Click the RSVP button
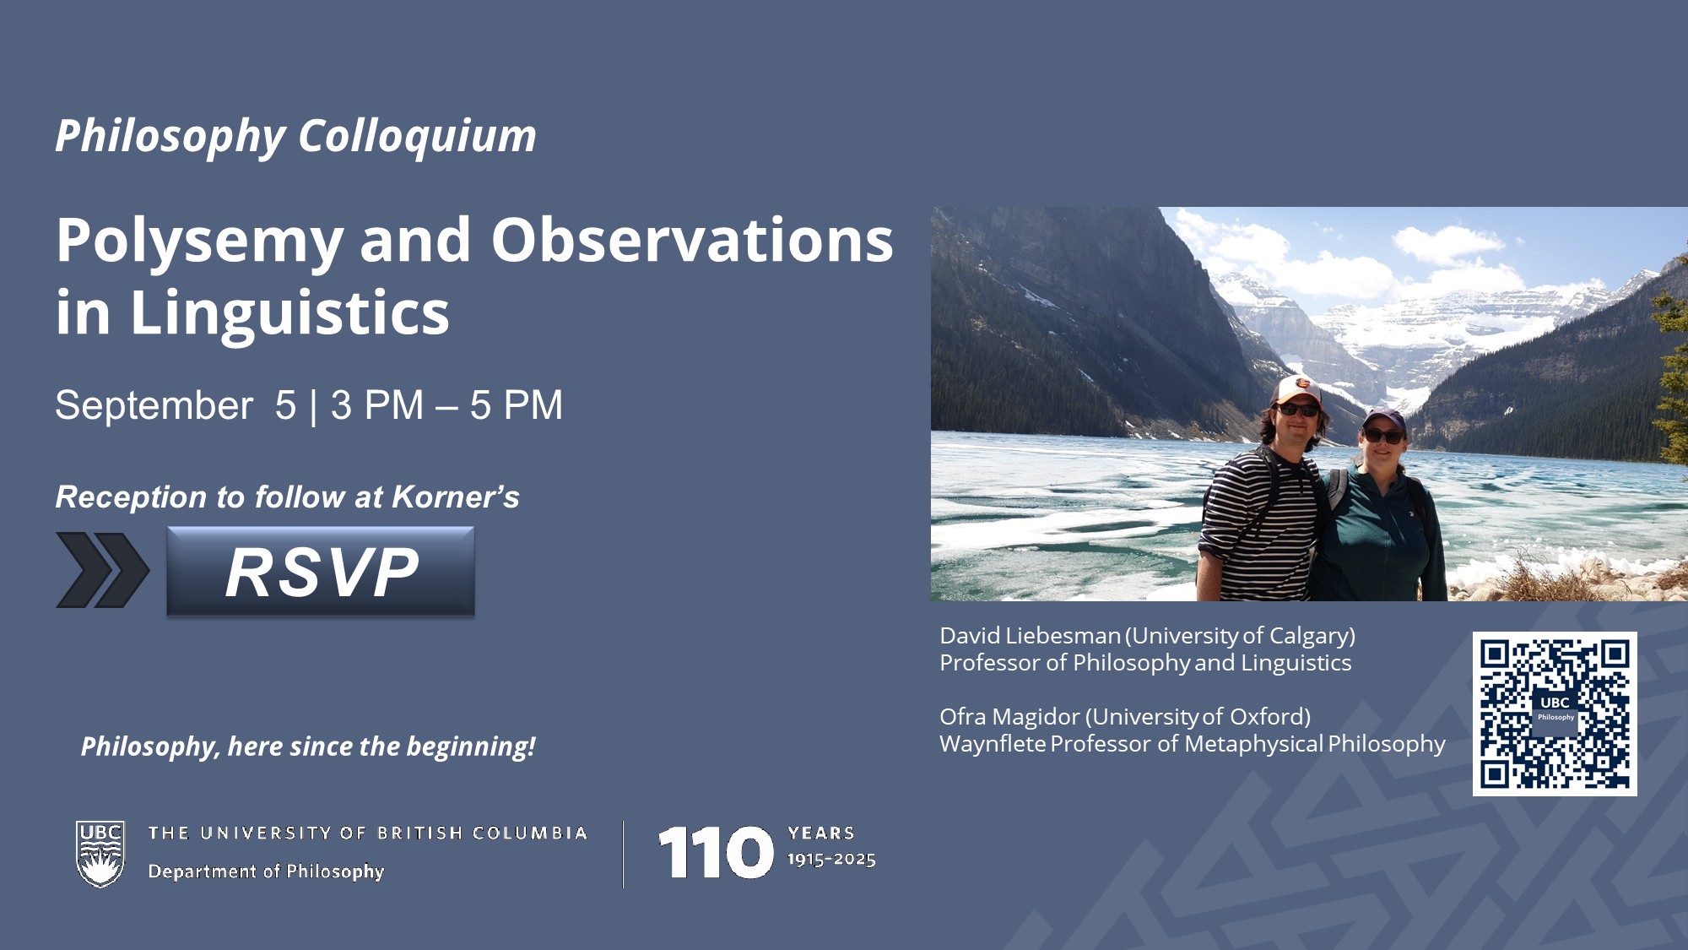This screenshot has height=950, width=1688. click(x=321, y=572)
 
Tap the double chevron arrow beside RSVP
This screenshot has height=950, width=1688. click(x=102, y=570)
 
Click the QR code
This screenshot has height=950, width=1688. click(x=1555, y=714)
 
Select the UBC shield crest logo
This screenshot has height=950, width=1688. click(x=100, y=854)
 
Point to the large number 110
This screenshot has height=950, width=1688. click(x=716, y=852)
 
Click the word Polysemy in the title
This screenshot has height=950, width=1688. click(x=200, y=242)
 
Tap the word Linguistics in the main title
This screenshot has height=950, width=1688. click(x=289, y=313)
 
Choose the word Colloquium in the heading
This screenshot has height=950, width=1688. click(x=417, y=137)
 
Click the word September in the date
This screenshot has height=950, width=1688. click(x=154, y=405)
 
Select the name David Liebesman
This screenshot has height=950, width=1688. click(x=1031, y=635)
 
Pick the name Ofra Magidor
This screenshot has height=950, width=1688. click(x=1010, y=716)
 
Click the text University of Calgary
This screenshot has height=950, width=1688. click(x=1240, y=635)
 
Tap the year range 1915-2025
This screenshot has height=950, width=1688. click(x=831, y=860)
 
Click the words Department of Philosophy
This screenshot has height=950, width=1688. click(x=266, y=871)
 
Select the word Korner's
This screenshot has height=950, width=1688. click(x=456, y=497)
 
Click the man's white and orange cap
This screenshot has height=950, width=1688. click(x=1297, y=389)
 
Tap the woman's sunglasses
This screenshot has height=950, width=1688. click(x=1384, y=437)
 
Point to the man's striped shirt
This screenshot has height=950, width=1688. click(x=1259, y=524)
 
